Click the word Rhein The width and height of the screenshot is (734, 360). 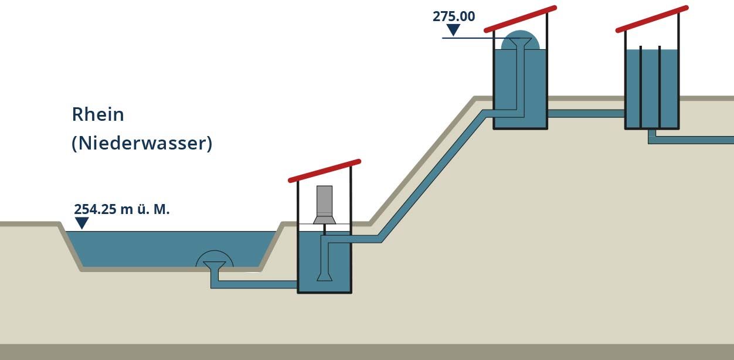tap(98, 114)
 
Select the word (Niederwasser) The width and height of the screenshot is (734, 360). tap(142, 143)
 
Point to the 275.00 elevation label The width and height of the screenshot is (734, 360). tap(454, 16)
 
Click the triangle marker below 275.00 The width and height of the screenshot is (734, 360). tap(453, 30)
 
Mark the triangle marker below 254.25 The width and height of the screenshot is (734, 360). tap(82, 223)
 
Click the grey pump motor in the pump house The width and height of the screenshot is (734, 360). tap(324, 205)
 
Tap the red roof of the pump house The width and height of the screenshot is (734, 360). tap(324, 171)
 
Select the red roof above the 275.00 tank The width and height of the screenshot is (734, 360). tap(521, 19)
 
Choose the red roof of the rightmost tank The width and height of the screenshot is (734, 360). tap(652, 19)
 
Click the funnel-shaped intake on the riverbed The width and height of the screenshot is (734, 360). tap(215, 266)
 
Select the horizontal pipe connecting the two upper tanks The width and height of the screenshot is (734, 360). tap(586, 113)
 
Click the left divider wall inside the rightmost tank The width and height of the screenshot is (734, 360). tap(641, 87)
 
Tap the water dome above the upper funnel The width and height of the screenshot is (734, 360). tap(521, 40)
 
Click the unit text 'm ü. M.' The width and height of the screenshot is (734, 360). tap(145, 209)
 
